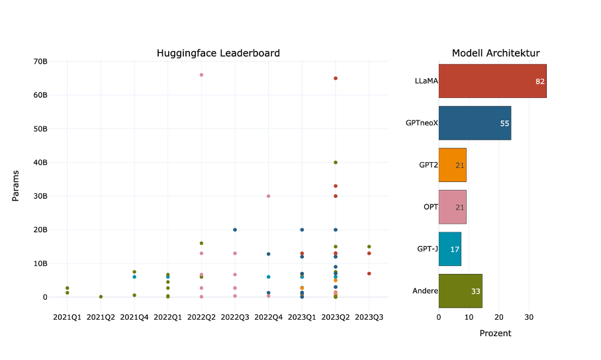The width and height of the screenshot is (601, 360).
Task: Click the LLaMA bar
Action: tap(492, 81)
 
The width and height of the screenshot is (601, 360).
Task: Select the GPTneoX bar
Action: tap(475, 122)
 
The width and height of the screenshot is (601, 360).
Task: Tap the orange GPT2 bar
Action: tap(452, 165)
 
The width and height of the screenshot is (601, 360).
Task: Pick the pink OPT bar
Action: tap(452, 206)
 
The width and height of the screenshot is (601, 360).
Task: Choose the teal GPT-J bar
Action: tap(449, 249)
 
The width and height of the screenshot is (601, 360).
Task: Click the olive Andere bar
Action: tap(460, 291)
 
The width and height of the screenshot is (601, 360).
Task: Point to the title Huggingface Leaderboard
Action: tap(218, 53)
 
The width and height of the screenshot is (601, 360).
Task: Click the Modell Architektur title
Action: tap(495, 53)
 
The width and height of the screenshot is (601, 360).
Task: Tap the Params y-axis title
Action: tap(16, 185)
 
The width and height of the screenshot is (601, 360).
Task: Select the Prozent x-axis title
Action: tap(495, 333)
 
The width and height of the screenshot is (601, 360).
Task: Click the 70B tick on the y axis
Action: tap(40, 62)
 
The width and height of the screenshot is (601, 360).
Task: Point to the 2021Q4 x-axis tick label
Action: tap(134, 317)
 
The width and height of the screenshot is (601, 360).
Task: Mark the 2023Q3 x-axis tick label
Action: tap(369, 317)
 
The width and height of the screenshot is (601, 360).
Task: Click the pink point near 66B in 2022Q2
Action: tap(201, 75)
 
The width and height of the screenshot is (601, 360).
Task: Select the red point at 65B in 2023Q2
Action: tap(336, 78)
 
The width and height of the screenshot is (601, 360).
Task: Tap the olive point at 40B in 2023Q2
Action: tap(336, 162)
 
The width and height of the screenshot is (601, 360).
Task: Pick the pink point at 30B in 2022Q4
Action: tap(268, 196)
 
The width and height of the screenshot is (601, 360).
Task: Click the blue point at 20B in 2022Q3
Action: tap(235, 230)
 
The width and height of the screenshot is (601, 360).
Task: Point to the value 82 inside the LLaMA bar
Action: tap(540, 81)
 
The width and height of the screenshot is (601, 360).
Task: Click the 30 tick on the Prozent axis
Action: tap(529, 317)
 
